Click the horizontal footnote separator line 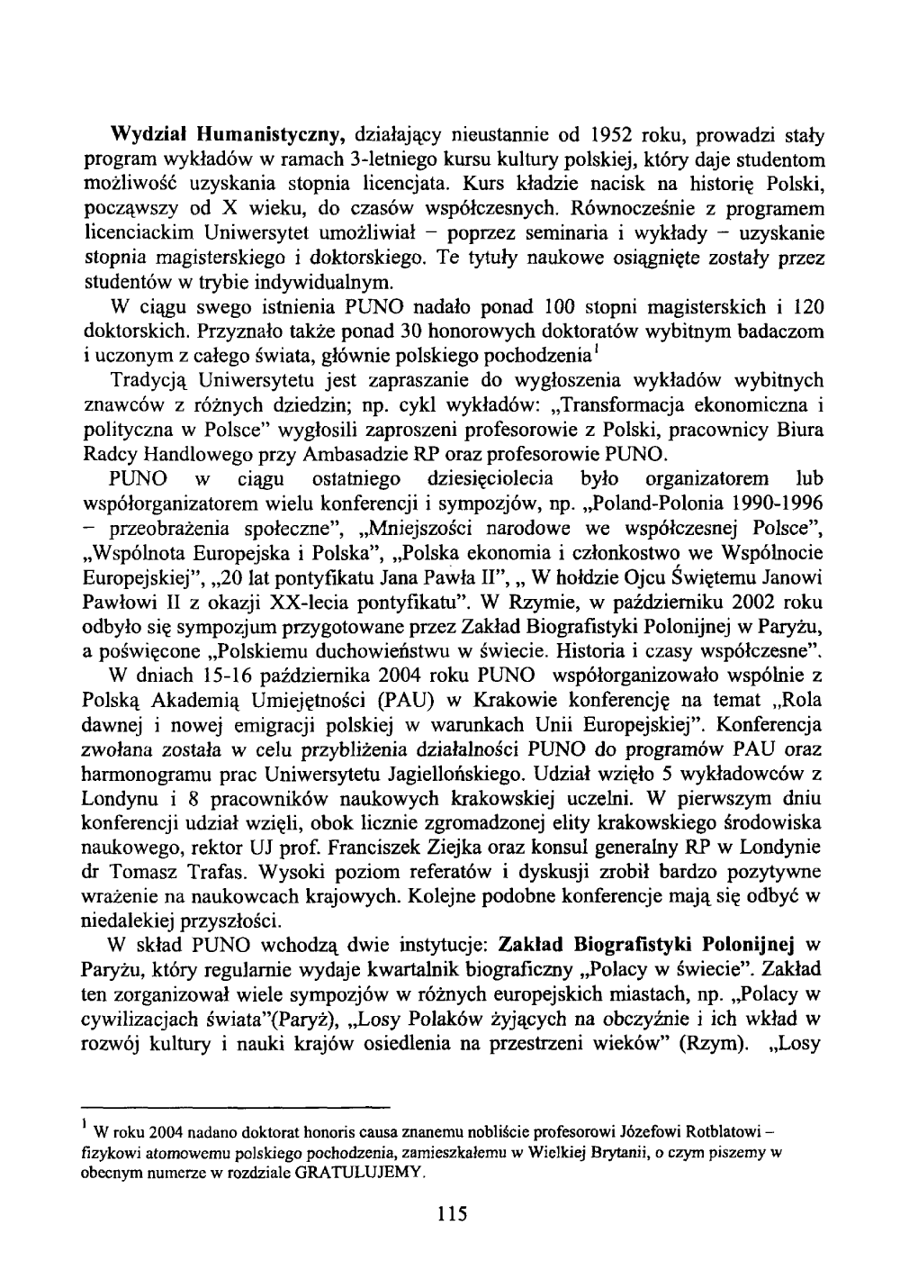click(234, 1108)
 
